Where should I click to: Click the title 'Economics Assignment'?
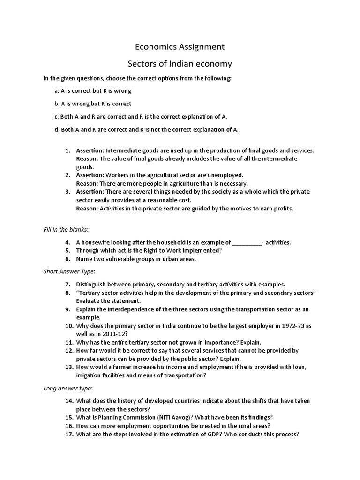[180, 47]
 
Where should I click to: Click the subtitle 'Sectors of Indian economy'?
[180, 63]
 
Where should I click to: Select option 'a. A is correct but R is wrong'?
[93, 90]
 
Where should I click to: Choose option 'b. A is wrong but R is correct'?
[93, 104]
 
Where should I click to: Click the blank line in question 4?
[247, 243]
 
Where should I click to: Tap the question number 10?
[69, 325]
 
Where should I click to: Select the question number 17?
[69, 434]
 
